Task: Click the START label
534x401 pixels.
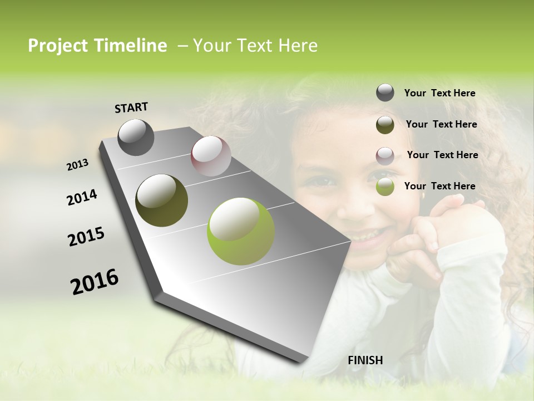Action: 131,107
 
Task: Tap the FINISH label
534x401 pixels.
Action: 365,360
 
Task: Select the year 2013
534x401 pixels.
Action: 78,164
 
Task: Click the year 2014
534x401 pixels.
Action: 82,197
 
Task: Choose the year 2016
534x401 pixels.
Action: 95,281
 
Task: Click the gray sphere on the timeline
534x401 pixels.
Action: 136,137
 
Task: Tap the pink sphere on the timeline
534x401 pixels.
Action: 211,156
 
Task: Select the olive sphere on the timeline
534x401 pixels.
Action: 161,200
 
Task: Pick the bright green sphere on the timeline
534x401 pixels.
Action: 240,231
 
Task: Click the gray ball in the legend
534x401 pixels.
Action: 385,92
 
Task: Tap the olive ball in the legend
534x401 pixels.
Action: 385,125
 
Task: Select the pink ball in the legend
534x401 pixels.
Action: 385,156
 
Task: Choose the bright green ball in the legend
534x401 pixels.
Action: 385,187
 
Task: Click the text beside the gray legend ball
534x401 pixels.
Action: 439,93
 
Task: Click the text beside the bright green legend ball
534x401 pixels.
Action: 439,186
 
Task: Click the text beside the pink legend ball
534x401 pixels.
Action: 442,155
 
